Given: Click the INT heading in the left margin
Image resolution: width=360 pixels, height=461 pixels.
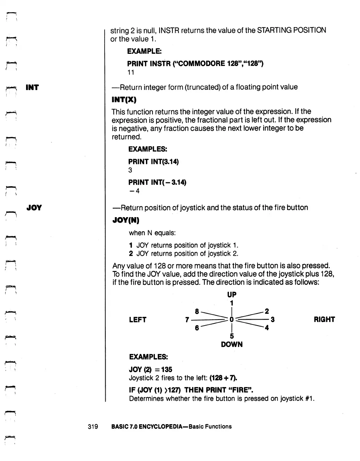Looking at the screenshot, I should [32, 88].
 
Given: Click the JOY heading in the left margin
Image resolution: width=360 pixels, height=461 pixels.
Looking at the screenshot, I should [34, 208].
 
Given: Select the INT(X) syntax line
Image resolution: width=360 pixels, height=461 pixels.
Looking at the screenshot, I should [124, 100].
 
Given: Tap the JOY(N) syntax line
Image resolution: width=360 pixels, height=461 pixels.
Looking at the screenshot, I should [126, 220].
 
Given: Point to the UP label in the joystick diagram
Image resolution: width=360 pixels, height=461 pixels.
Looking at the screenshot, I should [232, 295].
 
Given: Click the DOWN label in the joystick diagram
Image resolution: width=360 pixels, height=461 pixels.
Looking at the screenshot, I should [232, 345].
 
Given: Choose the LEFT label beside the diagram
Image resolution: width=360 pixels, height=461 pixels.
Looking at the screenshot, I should [138, 320].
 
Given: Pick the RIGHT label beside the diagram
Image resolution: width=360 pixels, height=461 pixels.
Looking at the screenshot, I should [324, 320].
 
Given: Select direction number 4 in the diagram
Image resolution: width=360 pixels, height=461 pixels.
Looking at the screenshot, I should [267, 328].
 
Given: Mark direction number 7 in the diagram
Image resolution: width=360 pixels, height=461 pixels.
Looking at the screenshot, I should [187, 320].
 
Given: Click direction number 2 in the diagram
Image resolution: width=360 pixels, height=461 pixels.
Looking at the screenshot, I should [267, 311].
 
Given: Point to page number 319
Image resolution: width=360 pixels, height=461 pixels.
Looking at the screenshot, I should [93, 427].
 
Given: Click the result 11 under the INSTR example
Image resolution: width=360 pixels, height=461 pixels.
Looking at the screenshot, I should [131, 73].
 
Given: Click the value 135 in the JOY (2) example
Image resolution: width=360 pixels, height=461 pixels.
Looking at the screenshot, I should [166, 370].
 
